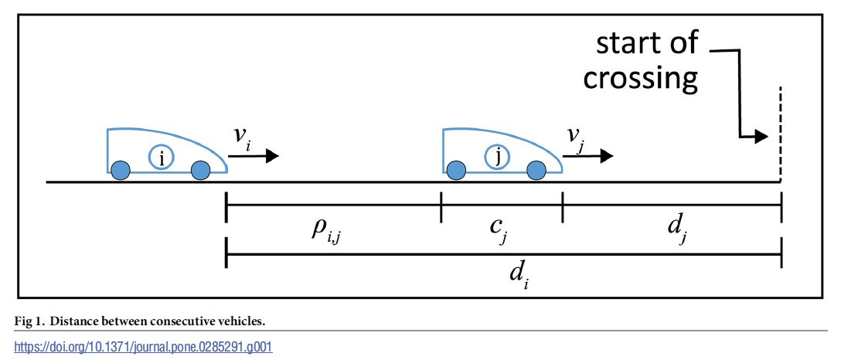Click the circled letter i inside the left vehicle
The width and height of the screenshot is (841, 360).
(x=162, y=158)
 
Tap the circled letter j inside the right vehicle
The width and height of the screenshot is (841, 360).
(x=497, y=158)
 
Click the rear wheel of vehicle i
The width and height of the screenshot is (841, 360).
(x=120, y=170)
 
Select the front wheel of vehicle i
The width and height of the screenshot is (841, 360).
(x=200, y=170)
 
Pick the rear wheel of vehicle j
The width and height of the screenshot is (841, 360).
(x=455, y=170)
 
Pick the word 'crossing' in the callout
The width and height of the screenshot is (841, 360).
(x=641, y=78)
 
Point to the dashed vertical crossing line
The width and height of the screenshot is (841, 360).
(x=781, y=131)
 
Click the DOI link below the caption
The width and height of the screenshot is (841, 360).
(x=137, y=347)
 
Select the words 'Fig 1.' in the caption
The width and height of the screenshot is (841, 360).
(x=30, y=320)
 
